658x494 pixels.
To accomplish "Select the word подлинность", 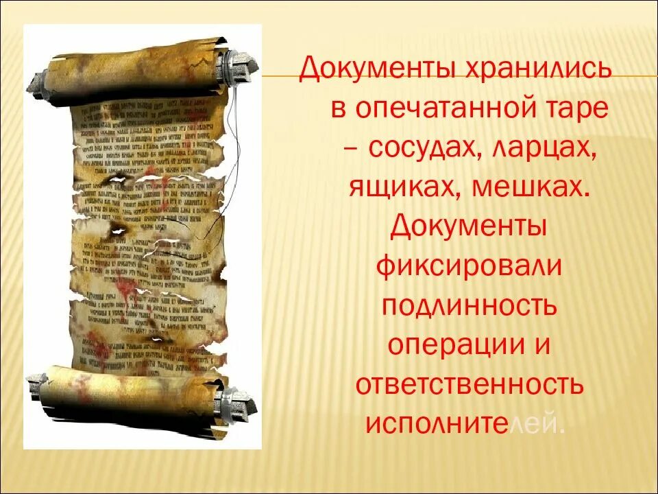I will (x=469, y=306).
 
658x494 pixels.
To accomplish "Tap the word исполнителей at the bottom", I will (x=465, y=423).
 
